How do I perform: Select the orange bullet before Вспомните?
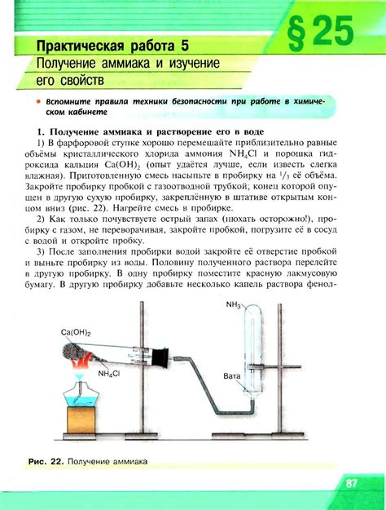click(37, 100)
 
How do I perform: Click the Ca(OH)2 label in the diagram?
click(76, 333)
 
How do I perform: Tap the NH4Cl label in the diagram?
click(111, 374)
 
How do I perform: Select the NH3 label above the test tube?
click(235, 305)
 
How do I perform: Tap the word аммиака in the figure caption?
click(128, 463)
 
